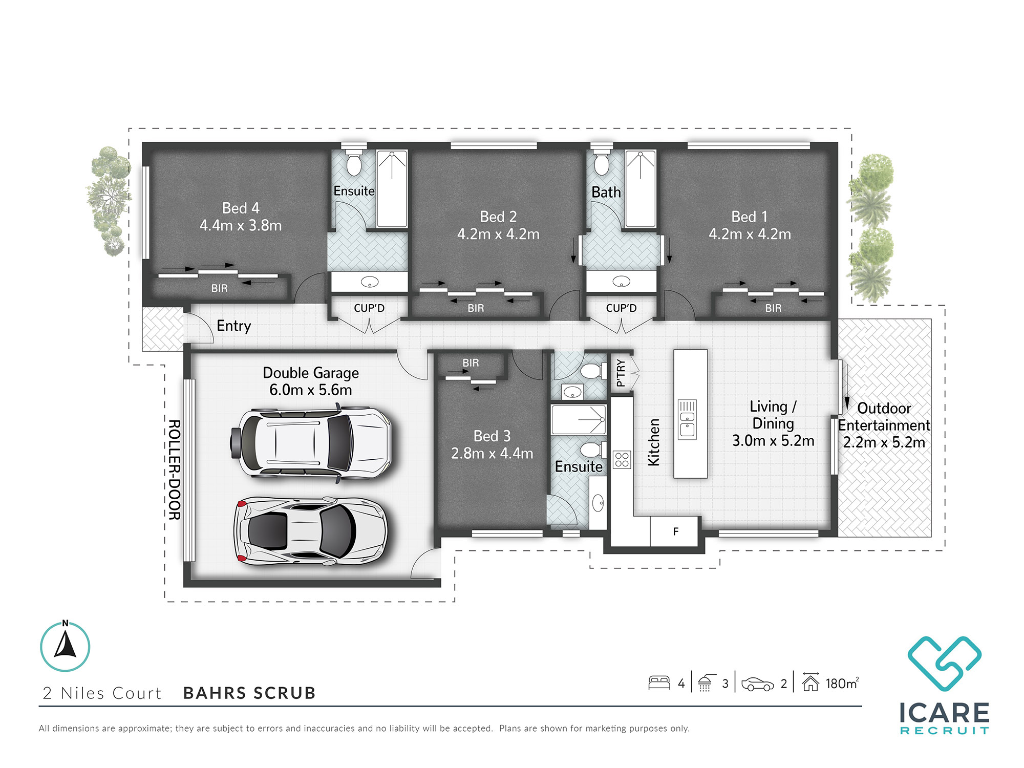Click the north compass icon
pyautogui.click(x=65, y=646)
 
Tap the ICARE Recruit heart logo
pyautogui.click(x=944, y=663)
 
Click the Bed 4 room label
pyautogui.click(x=241, y=208)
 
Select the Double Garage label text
pyautogui.click(x=310, y=373)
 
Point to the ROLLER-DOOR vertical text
pyautogui.click(x=175, y=470)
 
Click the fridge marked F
pyautogui.click(x=675, y=531)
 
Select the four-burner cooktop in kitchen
pyautogui.click(x=622, y=459)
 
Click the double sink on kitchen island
pyautogui.click(x=687, y=419)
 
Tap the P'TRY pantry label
pyautogui.click(x=621, y=373)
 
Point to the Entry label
pyautogui.click(x=233, y=326)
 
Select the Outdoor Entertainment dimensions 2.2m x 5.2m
pyautogui.click(x=884, y=442)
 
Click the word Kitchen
pyautogui.click(x=654, y=442)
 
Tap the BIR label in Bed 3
pyautogui.click(x=471, y=362)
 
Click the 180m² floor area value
pyautogui.click(x=842, y=684)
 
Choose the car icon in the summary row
pyautogui.click(x=757, y=684)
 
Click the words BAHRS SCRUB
pyautogui.click(x=249, y=693)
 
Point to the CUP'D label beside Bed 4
pyautogui.click(x=369, y=308)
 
